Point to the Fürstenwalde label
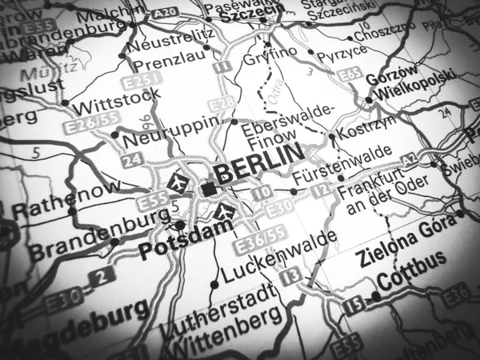[x=342, y=164]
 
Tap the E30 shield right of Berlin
[x=279, y=208]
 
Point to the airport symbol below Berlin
[x=225, y=211]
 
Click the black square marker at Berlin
[x=210, y=189]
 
